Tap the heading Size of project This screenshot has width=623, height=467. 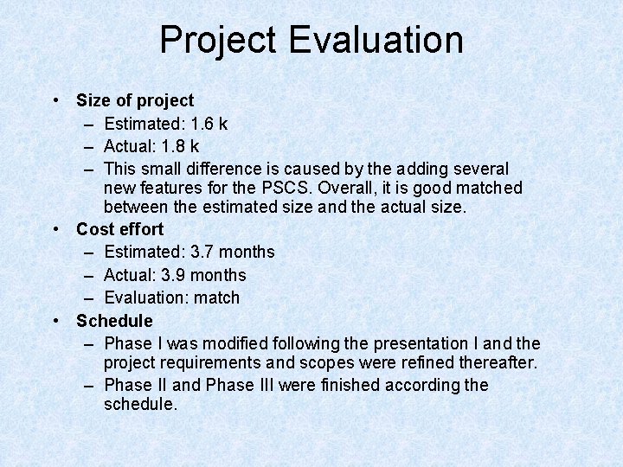click(x=135, y=101)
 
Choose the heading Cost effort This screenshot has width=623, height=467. click(x=119, y=229)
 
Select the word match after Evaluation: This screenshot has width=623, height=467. click(x=217, y=297)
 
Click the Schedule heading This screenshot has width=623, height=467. click(x=114, y=321)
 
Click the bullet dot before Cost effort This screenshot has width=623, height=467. click(x=55, y=229)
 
